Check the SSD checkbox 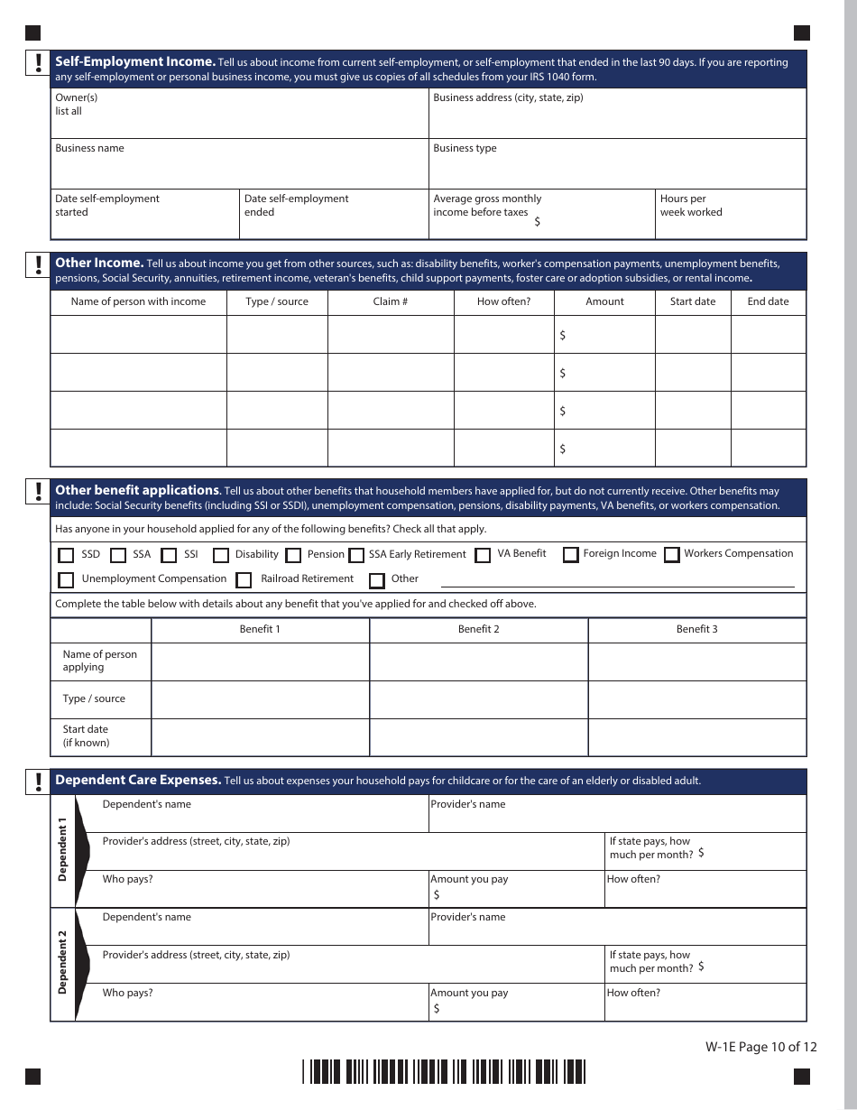coord(66,556)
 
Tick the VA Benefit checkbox coord(483,556)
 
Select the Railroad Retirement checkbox coord(244,580)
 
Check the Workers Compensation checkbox coord(671,555)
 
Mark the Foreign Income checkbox coord(570,555)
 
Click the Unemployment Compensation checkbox coord(66,580)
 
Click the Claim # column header coord(390,302)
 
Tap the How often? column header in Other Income coord(503,302)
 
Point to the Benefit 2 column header coord(478,630)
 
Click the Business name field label coord(89,149)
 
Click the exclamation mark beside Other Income coord(38,264)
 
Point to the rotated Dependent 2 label coord(62,967)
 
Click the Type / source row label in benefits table coord(94,699)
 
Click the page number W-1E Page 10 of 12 coord(761,1048)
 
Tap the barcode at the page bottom coord(443,1072)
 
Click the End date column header coord(768,302)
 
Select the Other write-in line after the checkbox coord(617,581)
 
